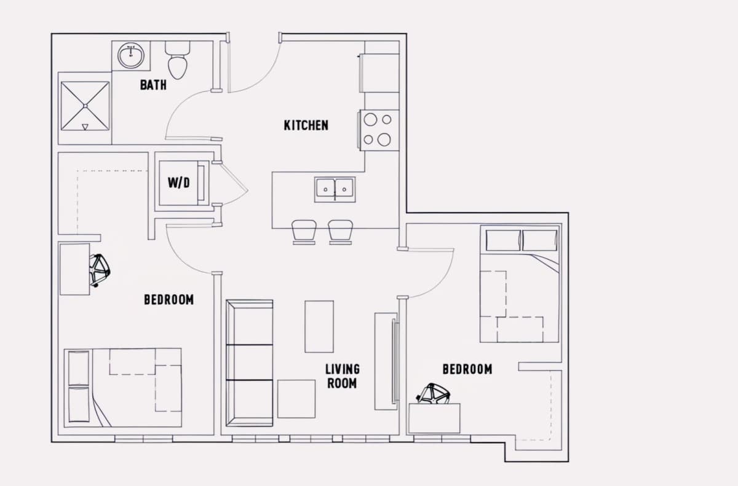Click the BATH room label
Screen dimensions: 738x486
[x=153, y=85]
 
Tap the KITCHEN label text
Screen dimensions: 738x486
[x=306, y=125]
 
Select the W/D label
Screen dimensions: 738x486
[x=179, y=182]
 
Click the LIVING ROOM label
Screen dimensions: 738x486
[x=343, y=376]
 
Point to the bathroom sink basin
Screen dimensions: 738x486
[x=131, y=55]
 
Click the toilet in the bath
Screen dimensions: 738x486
[x=178, y=60]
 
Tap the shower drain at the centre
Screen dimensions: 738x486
[x=85, y=106]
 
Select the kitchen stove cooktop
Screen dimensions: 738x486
[x=379, y=130]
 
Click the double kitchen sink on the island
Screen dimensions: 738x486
[x=335, y=189]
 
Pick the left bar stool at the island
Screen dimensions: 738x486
[x=304, y=232]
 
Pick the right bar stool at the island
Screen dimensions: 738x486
[x=340, y=232]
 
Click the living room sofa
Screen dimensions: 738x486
[x=250, y=363]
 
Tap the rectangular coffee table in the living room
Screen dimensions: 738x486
[x=319, y=326]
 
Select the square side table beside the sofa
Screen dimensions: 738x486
[x=296, y=399]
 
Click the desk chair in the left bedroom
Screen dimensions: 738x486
[x=100, y=270]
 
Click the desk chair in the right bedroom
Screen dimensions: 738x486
[x=433, y=394]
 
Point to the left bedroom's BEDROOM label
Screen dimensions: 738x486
[x=169, y=300]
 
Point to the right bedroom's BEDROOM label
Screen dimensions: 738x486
[x=467, y=369]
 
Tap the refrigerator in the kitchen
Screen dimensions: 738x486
[x=379, y=73]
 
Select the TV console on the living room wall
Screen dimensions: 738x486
[x=386, y=361]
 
